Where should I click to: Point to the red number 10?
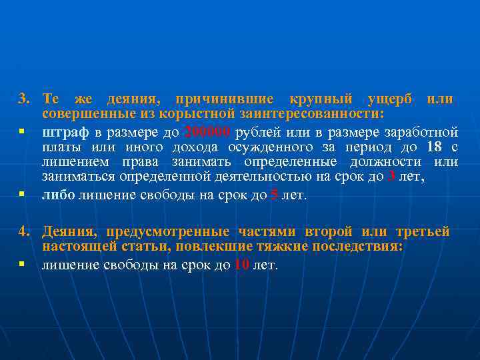[241, 265]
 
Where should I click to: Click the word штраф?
[62, 131]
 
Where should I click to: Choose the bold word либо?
[59, 195]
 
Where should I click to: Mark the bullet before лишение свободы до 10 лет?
[22, 265]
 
